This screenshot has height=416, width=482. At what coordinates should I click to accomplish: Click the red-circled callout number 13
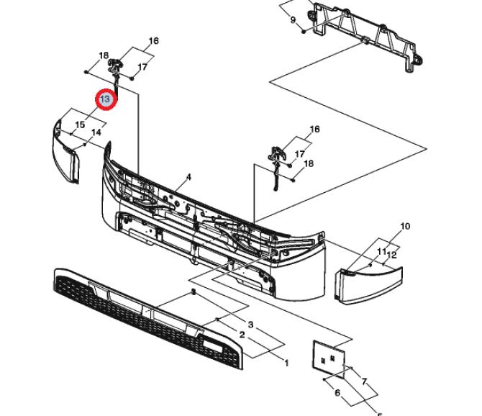106,99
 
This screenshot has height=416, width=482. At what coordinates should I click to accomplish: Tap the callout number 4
188,177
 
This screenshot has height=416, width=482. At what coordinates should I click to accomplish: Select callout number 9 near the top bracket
293,20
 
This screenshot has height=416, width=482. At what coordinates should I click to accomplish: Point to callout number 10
405,226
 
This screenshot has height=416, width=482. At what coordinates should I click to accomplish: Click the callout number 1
286,363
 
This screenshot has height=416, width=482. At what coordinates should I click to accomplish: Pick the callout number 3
250,325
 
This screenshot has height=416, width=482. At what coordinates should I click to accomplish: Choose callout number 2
242,335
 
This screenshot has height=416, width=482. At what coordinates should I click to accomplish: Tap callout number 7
364,382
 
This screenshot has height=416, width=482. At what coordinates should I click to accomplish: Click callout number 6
337,393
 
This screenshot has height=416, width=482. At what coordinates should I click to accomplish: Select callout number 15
80,125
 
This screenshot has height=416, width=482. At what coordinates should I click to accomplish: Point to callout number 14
96,132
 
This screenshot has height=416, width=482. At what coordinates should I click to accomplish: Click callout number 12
391,255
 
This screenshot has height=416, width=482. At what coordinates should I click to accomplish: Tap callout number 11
381,251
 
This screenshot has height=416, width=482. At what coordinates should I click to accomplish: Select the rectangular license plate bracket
329,359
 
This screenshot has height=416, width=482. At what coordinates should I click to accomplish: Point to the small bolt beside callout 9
304,32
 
